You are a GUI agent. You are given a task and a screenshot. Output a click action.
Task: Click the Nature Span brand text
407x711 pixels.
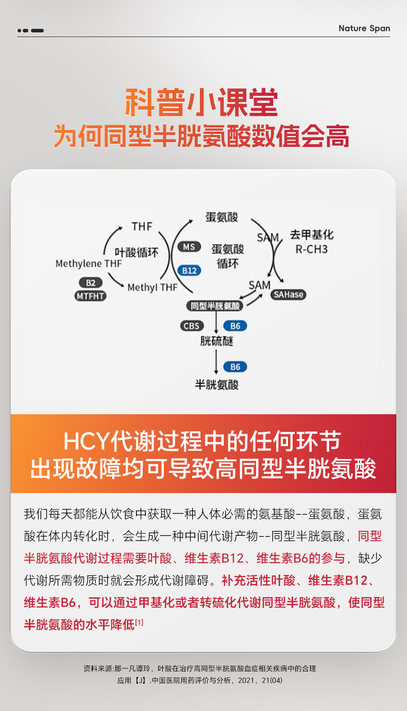(x=364, y=28)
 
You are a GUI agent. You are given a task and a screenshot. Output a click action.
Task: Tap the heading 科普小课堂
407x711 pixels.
(x=202, y=103)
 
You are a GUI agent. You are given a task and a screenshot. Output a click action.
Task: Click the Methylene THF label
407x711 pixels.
(x=89, y=264)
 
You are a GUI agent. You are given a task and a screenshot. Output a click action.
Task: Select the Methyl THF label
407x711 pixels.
(x=152, y=287)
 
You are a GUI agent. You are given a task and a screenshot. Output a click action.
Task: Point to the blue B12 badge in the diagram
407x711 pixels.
(x=189, y=270)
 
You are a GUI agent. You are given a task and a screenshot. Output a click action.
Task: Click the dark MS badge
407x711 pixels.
(x=189, y=247)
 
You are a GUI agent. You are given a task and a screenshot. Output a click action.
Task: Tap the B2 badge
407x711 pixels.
(x=90, y=282)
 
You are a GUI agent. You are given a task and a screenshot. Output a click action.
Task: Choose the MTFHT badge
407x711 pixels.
(x=90, y=296)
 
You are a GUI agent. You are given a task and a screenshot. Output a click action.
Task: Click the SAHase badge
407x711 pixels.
(x=288, y=295)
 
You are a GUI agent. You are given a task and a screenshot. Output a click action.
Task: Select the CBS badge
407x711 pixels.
(x=192, y=326)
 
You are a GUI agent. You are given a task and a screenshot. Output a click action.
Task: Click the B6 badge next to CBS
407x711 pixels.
(x=235, y=326)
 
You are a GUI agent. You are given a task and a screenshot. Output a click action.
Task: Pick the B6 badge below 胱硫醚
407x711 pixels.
(x=235, y=367)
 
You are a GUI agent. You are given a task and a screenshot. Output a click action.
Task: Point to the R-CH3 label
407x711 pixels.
(x=311, y=249)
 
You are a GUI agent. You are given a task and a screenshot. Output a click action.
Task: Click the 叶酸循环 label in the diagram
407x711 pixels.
(x=135, y=252)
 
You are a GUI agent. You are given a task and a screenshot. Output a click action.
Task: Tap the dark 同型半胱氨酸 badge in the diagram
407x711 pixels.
(x=216, y=306)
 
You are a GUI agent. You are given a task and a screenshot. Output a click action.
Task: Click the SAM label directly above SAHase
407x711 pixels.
(x=259, y=285)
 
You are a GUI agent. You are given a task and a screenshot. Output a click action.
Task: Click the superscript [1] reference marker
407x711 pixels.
(x=139, y=623)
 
